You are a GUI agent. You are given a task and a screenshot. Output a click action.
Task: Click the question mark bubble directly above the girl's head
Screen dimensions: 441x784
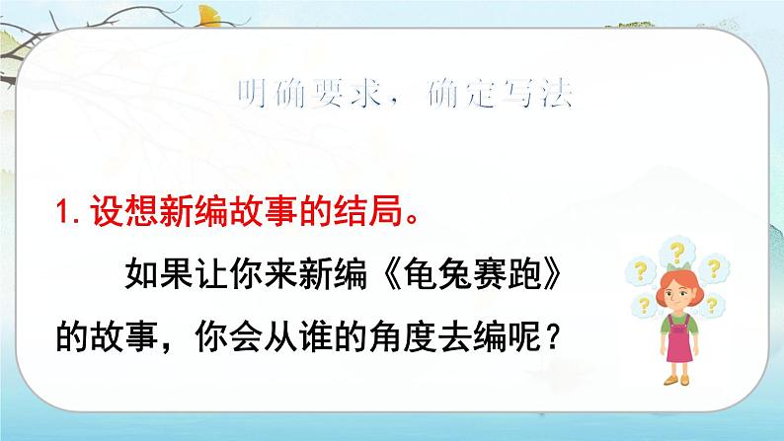click(677, 253)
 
